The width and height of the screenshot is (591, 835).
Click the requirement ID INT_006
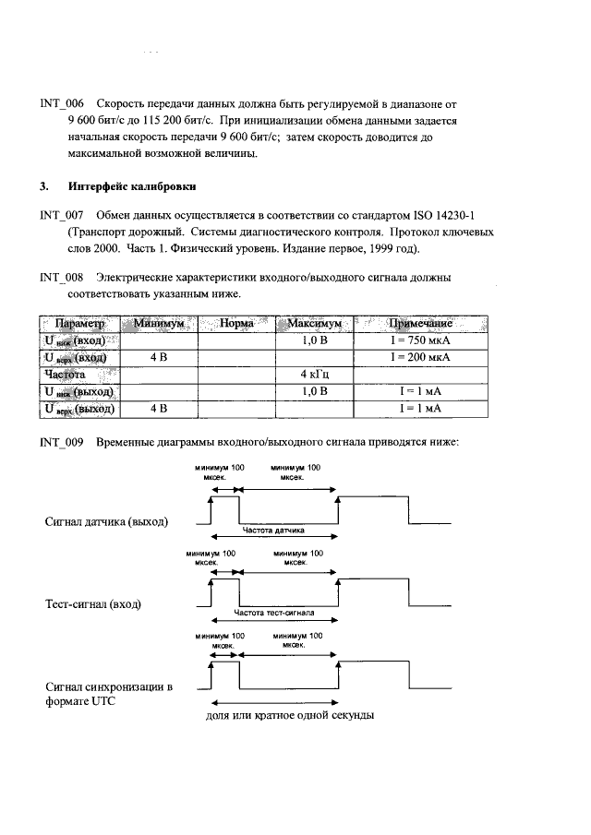tap(62, 104)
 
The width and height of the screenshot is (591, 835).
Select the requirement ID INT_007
tap(62, 216)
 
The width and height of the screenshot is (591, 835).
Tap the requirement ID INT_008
tap(62, 278)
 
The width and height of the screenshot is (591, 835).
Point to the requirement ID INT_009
tap(62, 442)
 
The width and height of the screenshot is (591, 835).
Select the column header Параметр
tap(80, 325)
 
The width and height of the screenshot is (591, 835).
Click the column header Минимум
tap(160, 325)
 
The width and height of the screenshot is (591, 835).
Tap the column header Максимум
tap(315, 325)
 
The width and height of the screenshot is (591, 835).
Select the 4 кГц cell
tap(315, 375)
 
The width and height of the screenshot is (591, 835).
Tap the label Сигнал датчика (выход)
tap(107, 522)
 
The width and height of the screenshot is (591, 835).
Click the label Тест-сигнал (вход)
tap(100, 604)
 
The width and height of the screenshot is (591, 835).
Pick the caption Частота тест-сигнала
tap(274, 612)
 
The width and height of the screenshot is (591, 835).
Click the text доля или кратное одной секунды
tap(289, 716)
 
